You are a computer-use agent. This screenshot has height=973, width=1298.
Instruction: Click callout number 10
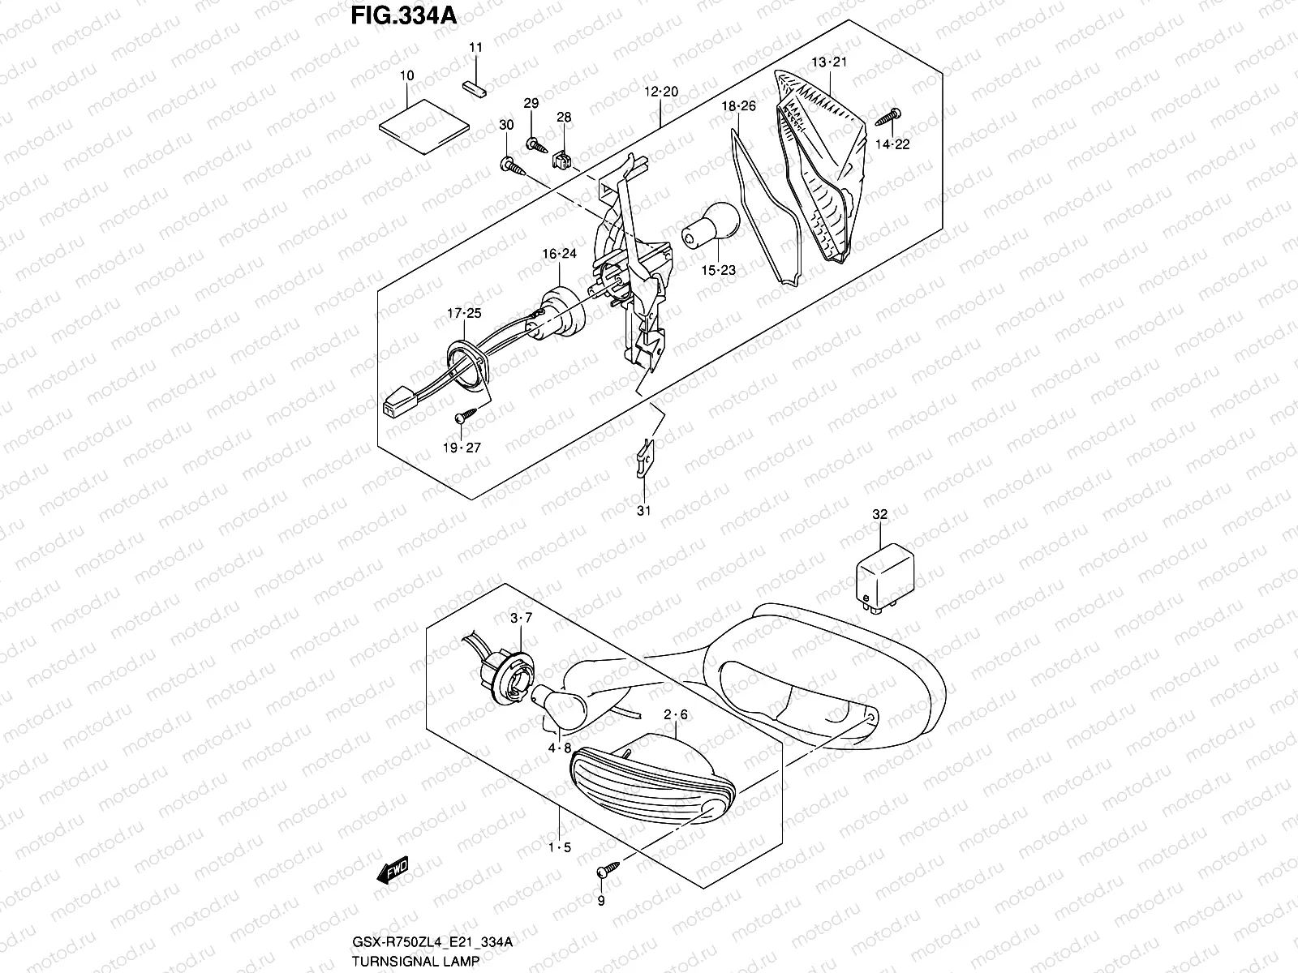(x=407, y=75)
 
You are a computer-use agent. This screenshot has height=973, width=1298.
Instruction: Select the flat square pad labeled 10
(x=426, y=122)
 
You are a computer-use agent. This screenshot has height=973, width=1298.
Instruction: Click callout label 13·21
(x=829, y=62)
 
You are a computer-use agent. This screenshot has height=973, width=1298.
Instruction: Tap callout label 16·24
(x=559, y=254)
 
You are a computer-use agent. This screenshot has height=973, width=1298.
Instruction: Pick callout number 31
(x=643, y=511)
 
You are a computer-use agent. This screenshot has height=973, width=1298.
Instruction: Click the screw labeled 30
(x=511, y=166)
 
